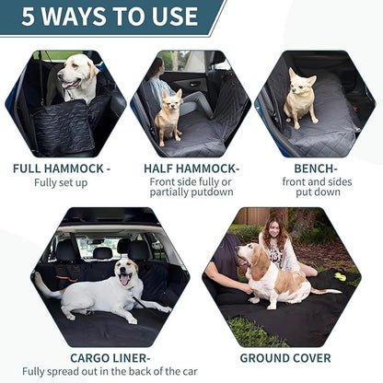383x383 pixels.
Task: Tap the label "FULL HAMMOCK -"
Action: click(62, 168)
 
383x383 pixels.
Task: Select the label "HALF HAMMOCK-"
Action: click(191, 168)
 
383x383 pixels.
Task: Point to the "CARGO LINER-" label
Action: click(110, 356)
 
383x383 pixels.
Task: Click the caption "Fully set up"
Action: click(62, 183)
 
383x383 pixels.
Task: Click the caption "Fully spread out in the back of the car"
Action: click(110, 371)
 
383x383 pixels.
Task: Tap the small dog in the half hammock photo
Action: click(168, 118)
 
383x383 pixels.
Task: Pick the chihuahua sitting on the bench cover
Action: click(300, 98)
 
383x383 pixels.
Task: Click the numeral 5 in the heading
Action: click(28, 17)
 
